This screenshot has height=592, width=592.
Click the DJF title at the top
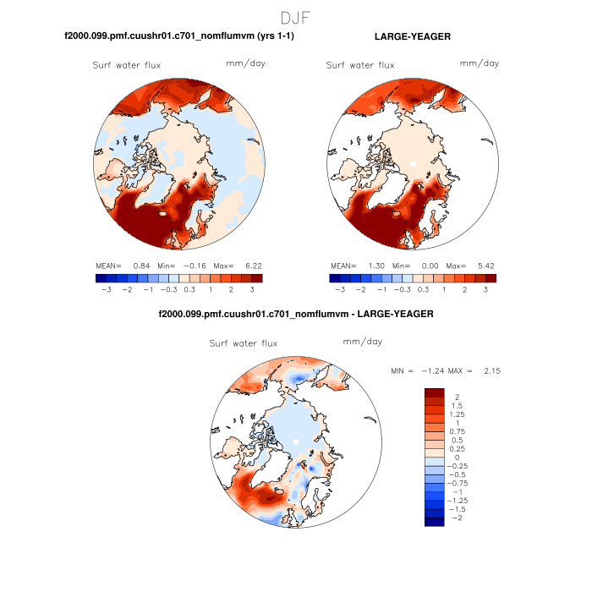[x=296, y=18]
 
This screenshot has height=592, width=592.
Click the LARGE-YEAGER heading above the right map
[x=412, y=36]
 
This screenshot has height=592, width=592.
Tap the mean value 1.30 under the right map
[x=376, y=266]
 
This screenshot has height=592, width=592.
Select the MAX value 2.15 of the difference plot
[x=493, y=370]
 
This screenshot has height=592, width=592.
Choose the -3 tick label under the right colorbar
[x=340, y=289]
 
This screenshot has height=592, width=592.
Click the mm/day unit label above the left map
[x=242, y=63]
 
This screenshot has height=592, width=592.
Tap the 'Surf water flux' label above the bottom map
[x=243, y=343]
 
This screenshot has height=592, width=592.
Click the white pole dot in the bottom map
[x=295, y=441]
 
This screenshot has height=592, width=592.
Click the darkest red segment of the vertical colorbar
[x=435, y=392]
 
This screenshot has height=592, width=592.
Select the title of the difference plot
[x=296, y=314]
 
